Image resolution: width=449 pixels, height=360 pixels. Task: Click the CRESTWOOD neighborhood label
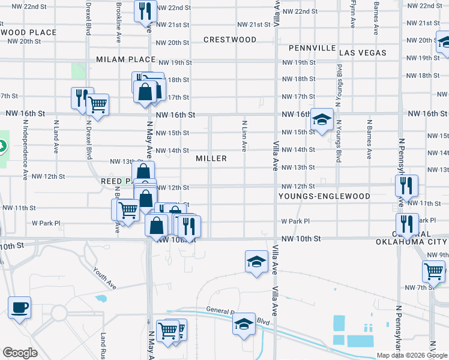(230, 40)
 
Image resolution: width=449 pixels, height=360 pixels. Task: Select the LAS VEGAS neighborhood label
(363, 53)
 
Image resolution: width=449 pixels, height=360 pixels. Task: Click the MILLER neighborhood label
(211, 158)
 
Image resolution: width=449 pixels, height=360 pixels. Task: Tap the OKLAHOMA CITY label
(412, 242)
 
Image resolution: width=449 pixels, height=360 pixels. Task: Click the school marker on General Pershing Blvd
(244, 325)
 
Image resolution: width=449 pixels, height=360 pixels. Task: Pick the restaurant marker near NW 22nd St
(145, 11)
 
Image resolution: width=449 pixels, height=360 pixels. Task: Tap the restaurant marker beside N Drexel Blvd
(82, 98)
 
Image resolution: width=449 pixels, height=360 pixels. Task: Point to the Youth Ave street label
(104, 278)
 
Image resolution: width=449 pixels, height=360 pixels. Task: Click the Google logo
(20, 353)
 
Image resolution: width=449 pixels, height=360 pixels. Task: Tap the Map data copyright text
(411, 355)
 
